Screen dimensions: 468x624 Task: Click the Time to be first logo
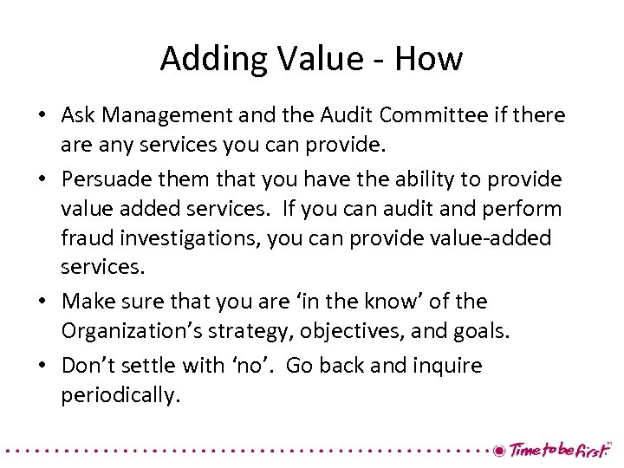coord(554,450)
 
